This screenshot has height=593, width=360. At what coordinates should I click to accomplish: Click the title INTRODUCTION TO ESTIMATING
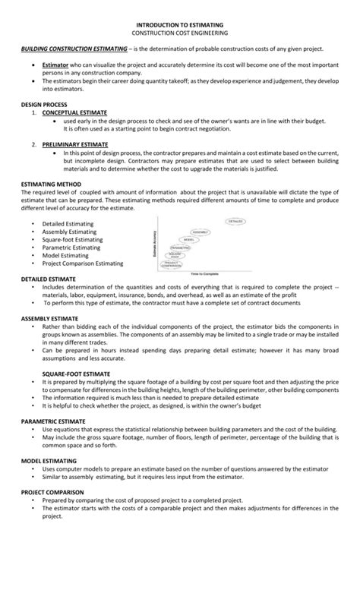pyautogui.click(x=179, y=25)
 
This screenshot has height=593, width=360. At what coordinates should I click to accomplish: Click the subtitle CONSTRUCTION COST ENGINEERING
pyautogui.click(x=179, y=34)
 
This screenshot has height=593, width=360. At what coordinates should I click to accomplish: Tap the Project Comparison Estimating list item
pyautogui.click(x=83, y=263)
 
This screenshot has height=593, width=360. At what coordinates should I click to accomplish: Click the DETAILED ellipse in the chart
pyautogui.click(x=235, y=222)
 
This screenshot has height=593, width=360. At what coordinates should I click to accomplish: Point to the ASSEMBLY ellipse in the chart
pyautogui.click(x=201, y=232)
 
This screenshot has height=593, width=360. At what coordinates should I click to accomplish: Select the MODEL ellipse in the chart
pyautogui.click(x=189, y=240)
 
